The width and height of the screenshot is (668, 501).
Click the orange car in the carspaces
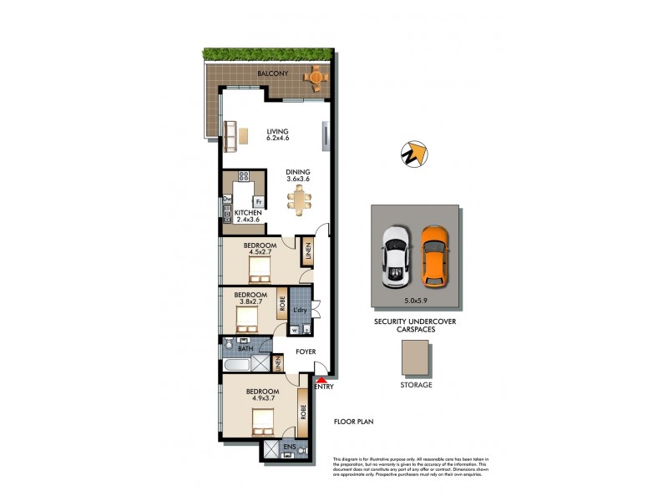[x=432, y=255]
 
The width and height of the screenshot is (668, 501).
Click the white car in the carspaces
[x=395, y=255]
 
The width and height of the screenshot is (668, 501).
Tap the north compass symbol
[x=413, y=154]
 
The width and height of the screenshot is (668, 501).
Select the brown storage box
[x=415, y=361]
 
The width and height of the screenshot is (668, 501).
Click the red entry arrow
[x=321, y=380]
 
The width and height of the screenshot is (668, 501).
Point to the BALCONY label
[x=272, y=74]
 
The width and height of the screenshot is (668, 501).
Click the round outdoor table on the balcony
[x=316, y=78]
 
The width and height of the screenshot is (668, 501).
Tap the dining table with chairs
[x=299, y=200]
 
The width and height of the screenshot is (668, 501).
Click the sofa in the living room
[x=230, y=134]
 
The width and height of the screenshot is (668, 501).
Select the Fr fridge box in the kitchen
[x=260, y=202]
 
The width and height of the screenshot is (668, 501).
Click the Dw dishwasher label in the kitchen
[x=226, y=199]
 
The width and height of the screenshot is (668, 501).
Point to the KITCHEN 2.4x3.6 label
[x=248, y=217]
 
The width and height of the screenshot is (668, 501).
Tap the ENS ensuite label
[x=289, y=448]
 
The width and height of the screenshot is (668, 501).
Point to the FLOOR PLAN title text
[x=353, y=423]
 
